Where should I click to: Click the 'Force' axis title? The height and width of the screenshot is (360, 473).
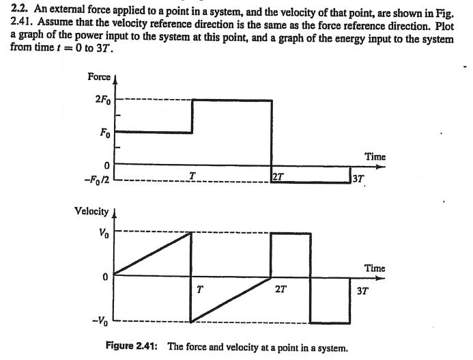pos(99,77)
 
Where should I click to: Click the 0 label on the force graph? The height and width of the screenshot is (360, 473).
pos(106,165)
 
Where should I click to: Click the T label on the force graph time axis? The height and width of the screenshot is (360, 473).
pos(193,176)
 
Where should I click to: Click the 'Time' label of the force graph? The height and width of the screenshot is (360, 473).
pos(375,156)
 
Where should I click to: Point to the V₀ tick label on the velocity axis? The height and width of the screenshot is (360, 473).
pos(103,232)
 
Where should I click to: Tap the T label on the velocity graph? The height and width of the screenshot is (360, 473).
pos(199,289)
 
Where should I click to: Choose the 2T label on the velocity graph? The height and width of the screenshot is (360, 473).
pos(281,289)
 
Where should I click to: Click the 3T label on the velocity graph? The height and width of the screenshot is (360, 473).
pos(362,290)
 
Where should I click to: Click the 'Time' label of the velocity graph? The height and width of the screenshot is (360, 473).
pos(375,268)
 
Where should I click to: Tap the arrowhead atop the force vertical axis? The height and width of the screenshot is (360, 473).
pos(114,80)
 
